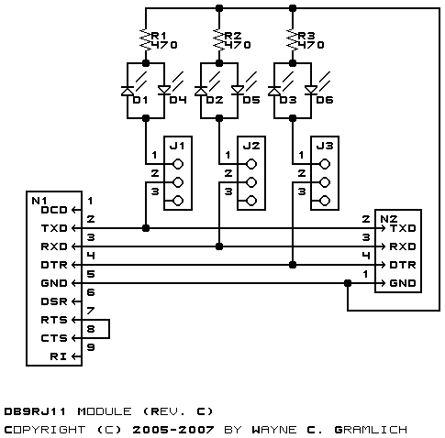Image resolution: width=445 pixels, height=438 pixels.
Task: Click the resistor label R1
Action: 159,36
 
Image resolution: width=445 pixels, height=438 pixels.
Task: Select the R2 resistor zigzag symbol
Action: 219,39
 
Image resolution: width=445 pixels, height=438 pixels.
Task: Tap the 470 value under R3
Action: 311,45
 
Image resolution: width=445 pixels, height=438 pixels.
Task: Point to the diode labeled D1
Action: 128,91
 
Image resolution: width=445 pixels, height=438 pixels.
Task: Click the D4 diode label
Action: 178,100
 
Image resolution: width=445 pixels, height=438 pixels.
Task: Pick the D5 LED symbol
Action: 238,90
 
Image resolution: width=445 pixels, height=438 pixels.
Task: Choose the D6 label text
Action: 325,100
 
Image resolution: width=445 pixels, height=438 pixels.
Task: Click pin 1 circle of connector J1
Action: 178,164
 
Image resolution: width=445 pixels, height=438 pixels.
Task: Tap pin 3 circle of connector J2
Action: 251,201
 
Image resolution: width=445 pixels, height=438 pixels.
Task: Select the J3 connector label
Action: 325,146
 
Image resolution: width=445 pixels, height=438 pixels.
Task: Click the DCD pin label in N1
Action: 54,210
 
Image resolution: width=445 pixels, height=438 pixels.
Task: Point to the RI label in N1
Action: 59,356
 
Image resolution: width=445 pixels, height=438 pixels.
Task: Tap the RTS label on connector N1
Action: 54,320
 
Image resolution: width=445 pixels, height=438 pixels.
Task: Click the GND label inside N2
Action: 403,283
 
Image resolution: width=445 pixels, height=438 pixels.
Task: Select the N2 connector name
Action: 389,219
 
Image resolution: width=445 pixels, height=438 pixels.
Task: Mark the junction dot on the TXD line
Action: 146,228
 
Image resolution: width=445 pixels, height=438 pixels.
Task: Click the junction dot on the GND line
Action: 348,283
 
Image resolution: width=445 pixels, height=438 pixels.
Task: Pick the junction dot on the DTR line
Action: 293,265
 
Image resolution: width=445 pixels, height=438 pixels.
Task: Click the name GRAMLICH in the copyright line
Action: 371,430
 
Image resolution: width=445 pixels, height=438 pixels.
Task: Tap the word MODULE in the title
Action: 105,411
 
